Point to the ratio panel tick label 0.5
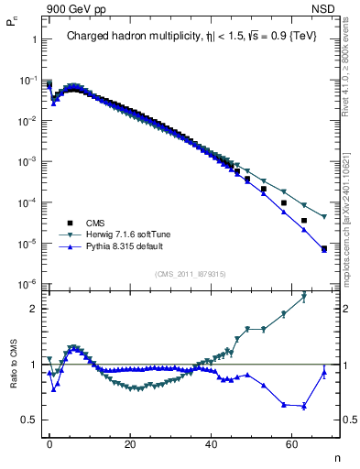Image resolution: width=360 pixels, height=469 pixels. tap(31, 420)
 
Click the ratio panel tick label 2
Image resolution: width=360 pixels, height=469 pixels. tap(35, 309)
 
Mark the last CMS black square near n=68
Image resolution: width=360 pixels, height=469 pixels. tap(324, 248)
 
